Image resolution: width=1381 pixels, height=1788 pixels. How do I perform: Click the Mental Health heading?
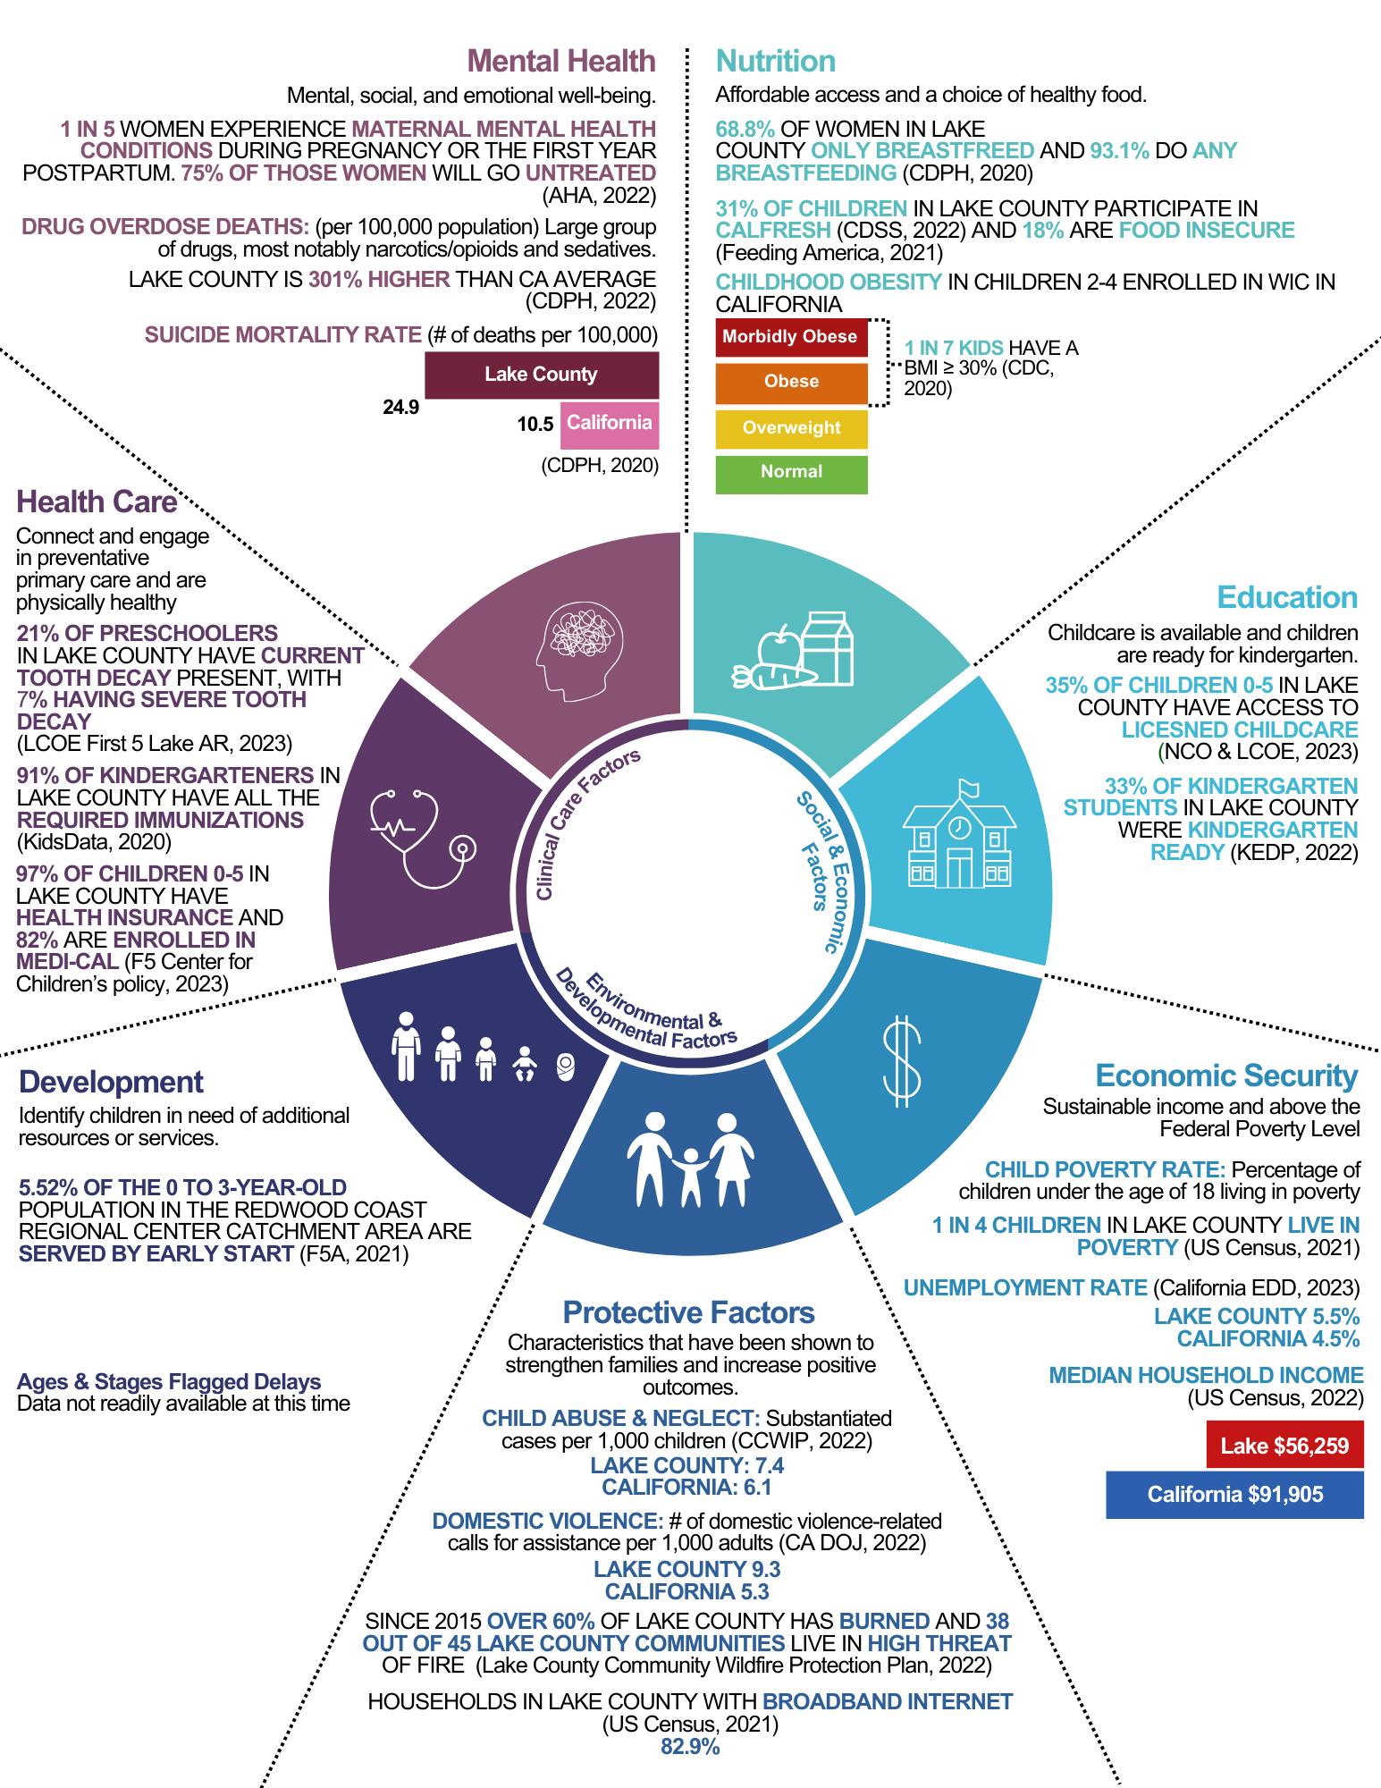[x=561, y=61]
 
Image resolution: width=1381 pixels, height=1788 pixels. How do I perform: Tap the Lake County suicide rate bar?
[x=542, y=375]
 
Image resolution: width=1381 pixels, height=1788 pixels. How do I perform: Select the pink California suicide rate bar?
[x=610, y=424]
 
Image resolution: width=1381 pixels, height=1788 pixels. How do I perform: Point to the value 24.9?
[x=401, y=409]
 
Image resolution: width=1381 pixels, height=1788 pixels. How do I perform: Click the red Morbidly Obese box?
[x=791, y=337]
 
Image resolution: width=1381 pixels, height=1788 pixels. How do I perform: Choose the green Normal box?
[x=791, y=473]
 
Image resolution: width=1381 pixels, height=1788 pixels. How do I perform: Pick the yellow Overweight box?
[x=791, y=428]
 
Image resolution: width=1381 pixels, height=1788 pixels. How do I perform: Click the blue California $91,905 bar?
[x=1234, y=1494]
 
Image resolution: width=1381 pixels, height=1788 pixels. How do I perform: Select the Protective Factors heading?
[x=688, y=1312]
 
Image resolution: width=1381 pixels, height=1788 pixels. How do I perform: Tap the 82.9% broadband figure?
[x=690, y=1747]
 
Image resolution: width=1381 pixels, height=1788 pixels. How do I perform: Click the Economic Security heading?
[x=1226, y=1075]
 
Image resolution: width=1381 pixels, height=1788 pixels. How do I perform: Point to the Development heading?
[x=112, y=1082]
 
